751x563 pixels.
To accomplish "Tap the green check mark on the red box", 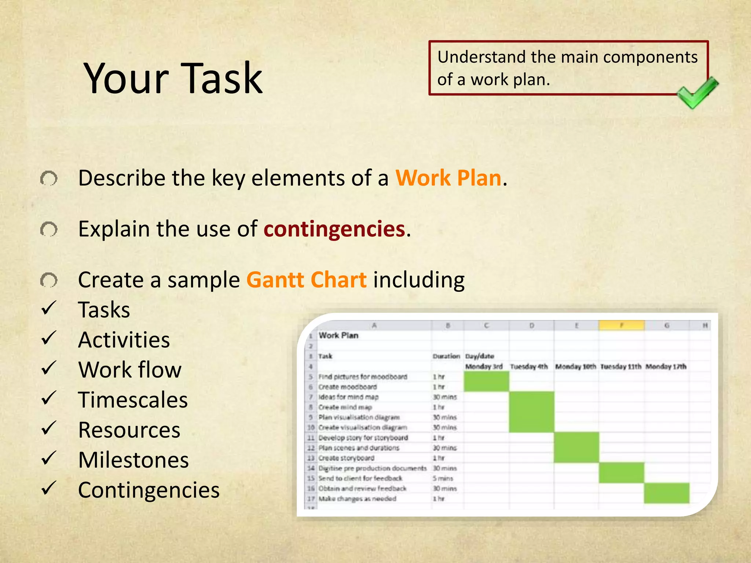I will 696,93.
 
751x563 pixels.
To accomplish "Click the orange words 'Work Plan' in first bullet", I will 448,178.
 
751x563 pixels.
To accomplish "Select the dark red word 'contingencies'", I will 334,229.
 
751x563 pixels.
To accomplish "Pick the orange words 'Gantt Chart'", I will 306,280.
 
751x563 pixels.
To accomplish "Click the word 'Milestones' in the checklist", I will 133,460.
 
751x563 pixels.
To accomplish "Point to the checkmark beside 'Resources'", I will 49,428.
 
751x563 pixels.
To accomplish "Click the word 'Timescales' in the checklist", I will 133,400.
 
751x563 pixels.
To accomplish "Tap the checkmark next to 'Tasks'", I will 49,308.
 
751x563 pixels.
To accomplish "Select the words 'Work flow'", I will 130,370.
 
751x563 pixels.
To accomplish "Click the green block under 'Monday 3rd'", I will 486,381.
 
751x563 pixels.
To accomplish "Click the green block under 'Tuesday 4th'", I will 531,412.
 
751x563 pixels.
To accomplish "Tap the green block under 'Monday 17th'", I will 667,493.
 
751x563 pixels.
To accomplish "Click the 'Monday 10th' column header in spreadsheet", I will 575,367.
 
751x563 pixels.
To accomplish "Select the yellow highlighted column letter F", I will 622,325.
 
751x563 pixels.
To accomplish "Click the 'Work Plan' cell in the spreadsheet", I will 338,335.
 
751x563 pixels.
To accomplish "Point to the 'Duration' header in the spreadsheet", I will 446,356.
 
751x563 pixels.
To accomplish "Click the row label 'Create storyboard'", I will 346,458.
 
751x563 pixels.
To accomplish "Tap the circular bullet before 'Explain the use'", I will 49,230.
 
